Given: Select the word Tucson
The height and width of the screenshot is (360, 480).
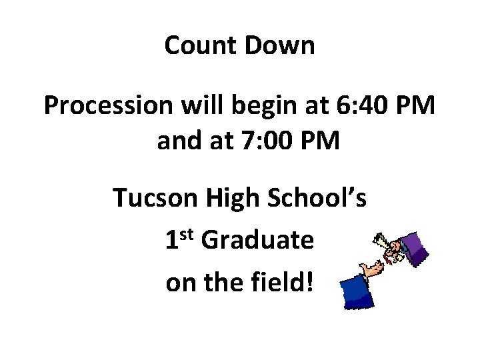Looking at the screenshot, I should coord(155,198).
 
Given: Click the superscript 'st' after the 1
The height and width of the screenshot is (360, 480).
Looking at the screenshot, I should coord(187,234).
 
